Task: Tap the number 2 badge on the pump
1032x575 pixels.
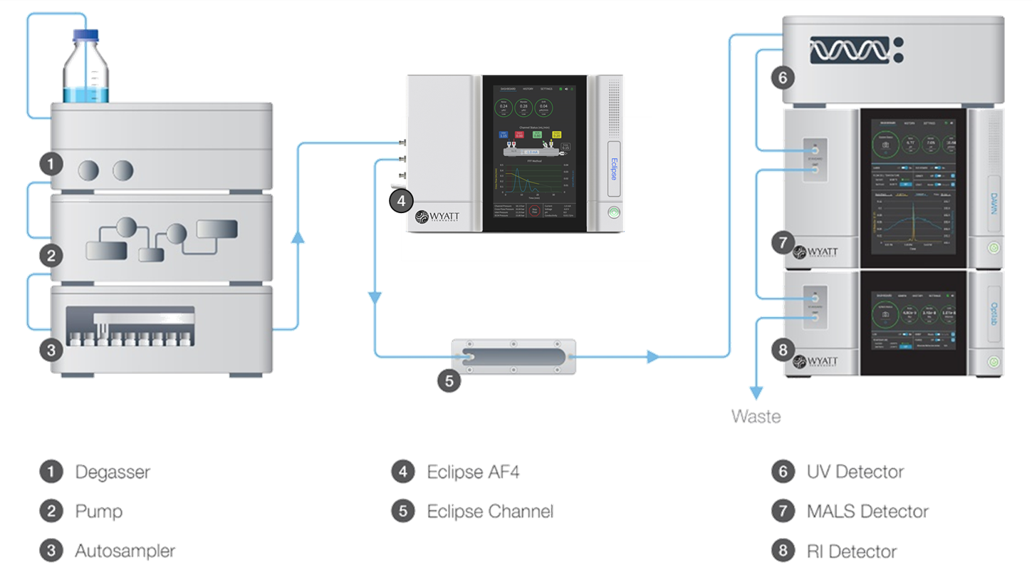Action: [x=50, y=254]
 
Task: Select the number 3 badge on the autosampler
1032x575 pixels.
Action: [x=50, y=350]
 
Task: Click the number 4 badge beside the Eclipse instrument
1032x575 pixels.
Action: [x=402, y=202]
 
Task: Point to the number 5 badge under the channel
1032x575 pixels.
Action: [x=449, y=380]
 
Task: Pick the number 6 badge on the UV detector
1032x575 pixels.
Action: [x=782, y=78]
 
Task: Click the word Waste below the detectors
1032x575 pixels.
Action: [x=755, y=417]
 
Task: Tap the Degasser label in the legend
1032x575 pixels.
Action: [x=112, y=472]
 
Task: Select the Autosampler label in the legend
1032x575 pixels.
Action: [x=125, y=551]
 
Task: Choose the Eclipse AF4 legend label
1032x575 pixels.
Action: [x=468, y=472]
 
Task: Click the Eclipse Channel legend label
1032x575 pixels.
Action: [x=489, y=511]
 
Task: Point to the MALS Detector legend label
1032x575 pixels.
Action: [x=867, y=511]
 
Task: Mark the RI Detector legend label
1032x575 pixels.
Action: [x=852, y=551]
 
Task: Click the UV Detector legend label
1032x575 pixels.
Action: [x=855, y=472]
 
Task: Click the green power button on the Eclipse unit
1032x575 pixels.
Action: [x=613, y=212]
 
